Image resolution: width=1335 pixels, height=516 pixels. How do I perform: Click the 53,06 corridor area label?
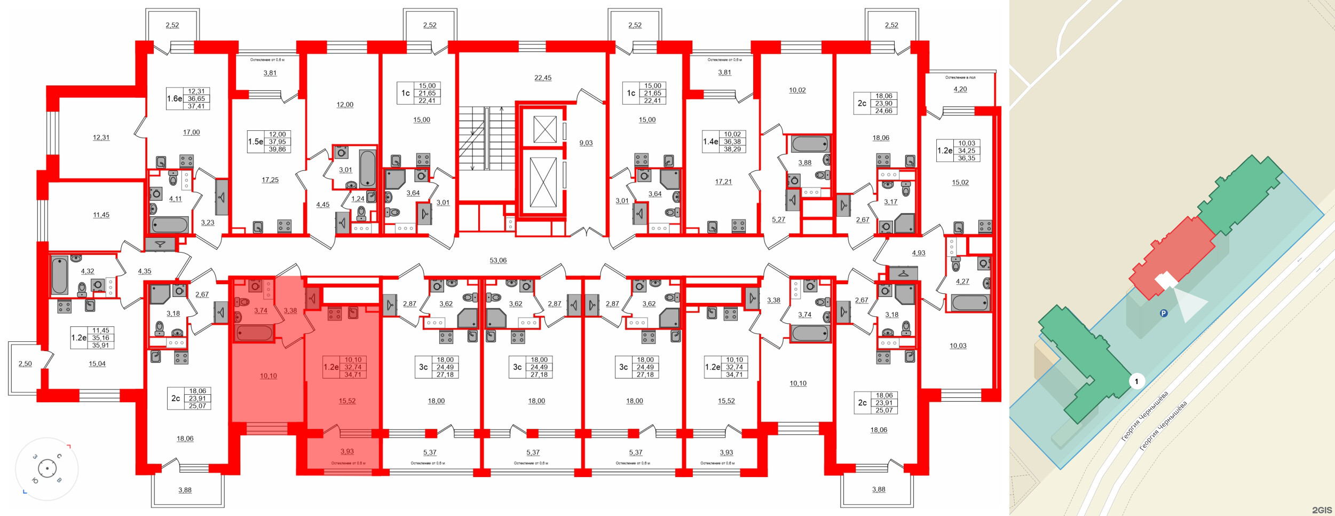[x=498, y=260]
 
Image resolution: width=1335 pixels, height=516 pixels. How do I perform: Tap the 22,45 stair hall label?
[x=543, y=77]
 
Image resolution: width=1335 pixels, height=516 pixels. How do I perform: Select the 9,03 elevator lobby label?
[x=586, y=143]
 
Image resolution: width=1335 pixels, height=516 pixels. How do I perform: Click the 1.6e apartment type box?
[x=175, y=99]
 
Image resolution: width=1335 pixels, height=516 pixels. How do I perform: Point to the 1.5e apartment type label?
[x=256, y=142]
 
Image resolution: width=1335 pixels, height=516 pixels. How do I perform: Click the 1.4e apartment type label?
[x=710, y=142]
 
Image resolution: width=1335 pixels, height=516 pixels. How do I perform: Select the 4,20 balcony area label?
[x=960, y=89]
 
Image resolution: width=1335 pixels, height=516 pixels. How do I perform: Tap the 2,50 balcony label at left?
[x=25, y=364]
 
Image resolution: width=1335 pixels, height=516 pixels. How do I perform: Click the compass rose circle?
[x=47, y=469]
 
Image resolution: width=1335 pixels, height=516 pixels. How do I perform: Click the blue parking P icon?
[x=1164, y=313]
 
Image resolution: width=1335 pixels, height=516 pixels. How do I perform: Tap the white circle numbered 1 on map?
[x=1136, y=381]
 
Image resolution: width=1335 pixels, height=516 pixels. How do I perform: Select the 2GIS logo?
[x=1322, y=510]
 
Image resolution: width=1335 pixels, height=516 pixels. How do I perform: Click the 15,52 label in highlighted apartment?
[x=347, y=401]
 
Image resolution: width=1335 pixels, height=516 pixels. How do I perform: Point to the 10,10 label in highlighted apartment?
[x=268, y=376]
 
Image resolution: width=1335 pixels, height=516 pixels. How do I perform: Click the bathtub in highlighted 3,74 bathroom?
[x=255, y=333]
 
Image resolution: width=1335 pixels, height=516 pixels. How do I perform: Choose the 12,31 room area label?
[x=101, y=137]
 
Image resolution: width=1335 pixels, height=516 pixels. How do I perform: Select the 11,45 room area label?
[x=101, y=215]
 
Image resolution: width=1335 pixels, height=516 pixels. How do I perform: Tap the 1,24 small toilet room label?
[x=358, y=199]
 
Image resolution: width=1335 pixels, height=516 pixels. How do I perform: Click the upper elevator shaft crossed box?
[x=544, y=129]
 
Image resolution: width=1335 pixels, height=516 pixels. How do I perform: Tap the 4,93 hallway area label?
[x=918, y=253]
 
